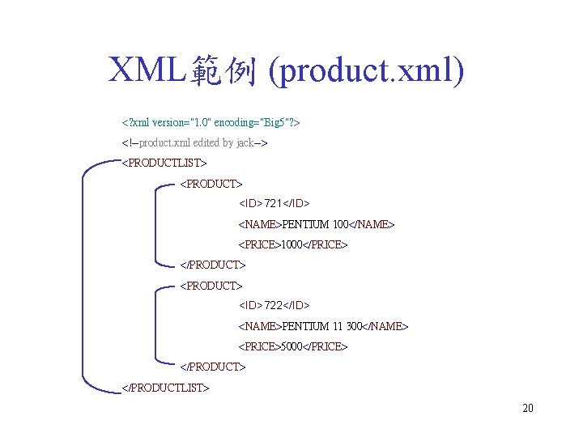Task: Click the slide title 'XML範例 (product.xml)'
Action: [x=287, y=72]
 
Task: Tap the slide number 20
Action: [x=528, y=408]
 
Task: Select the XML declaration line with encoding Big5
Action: [x=211, y=123]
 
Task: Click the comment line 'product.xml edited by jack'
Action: [x=194, y=143]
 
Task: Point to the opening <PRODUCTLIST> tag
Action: [x=164, y=163]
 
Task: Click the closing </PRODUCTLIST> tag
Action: [x=165, y=387]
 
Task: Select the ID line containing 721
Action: [x=274, y=202]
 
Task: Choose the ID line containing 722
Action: [x=274, y=305]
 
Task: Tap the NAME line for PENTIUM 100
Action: [x=317, y=223]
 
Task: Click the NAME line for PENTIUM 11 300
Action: [x=323, y=326]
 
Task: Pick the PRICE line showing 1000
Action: [x=292, y=244]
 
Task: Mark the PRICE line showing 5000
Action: [x=292, y=346]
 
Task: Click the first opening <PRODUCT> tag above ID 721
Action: [x=211, y=185]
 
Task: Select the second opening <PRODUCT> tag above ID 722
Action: [x=211, y=286]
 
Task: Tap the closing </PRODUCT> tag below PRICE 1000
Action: [x=212, y=265]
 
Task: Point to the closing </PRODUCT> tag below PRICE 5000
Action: [x=212, y=367]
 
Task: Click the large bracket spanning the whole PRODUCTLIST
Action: [x=84, y=275]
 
